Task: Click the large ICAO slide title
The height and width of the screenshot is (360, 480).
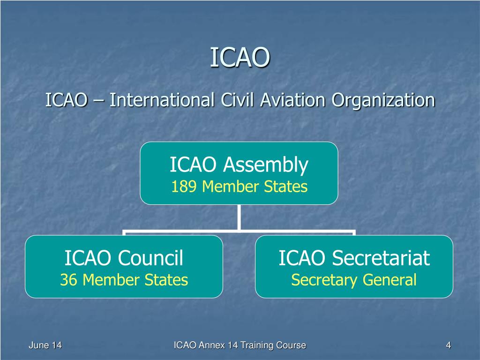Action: (240, 58)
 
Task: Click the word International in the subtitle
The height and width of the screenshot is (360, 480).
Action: (162, 100)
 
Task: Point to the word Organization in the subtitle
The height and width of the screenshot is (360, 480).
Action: (383, 100)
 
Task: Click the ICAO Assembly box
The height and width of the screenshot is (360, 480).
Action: (239, 173)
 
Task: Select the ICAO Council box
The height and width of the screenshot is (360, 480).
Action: (124, 266)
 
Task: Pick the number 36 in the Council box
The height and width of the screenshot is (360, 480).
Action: (68, 280)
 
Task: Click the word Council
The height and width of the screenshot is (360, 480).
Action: (150, 258)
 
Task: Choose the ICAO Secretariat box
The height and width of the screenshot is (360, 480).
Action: (354, 266)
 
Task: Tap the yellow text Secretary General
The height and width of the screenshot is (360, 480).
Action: (354, 280)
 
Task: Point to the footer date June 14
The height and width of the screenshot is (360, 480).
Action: (45, 345)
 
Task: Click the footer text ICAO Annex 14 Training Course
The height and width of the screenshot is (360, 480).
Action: (240, 345)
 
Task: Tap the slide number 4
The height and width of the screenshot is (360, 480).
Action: (448, 345)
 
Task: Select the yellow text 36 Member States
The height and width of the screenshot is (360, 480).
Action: (124, 280)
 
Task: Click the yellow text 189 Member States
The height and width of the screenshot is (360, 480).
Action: (239, 187)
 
